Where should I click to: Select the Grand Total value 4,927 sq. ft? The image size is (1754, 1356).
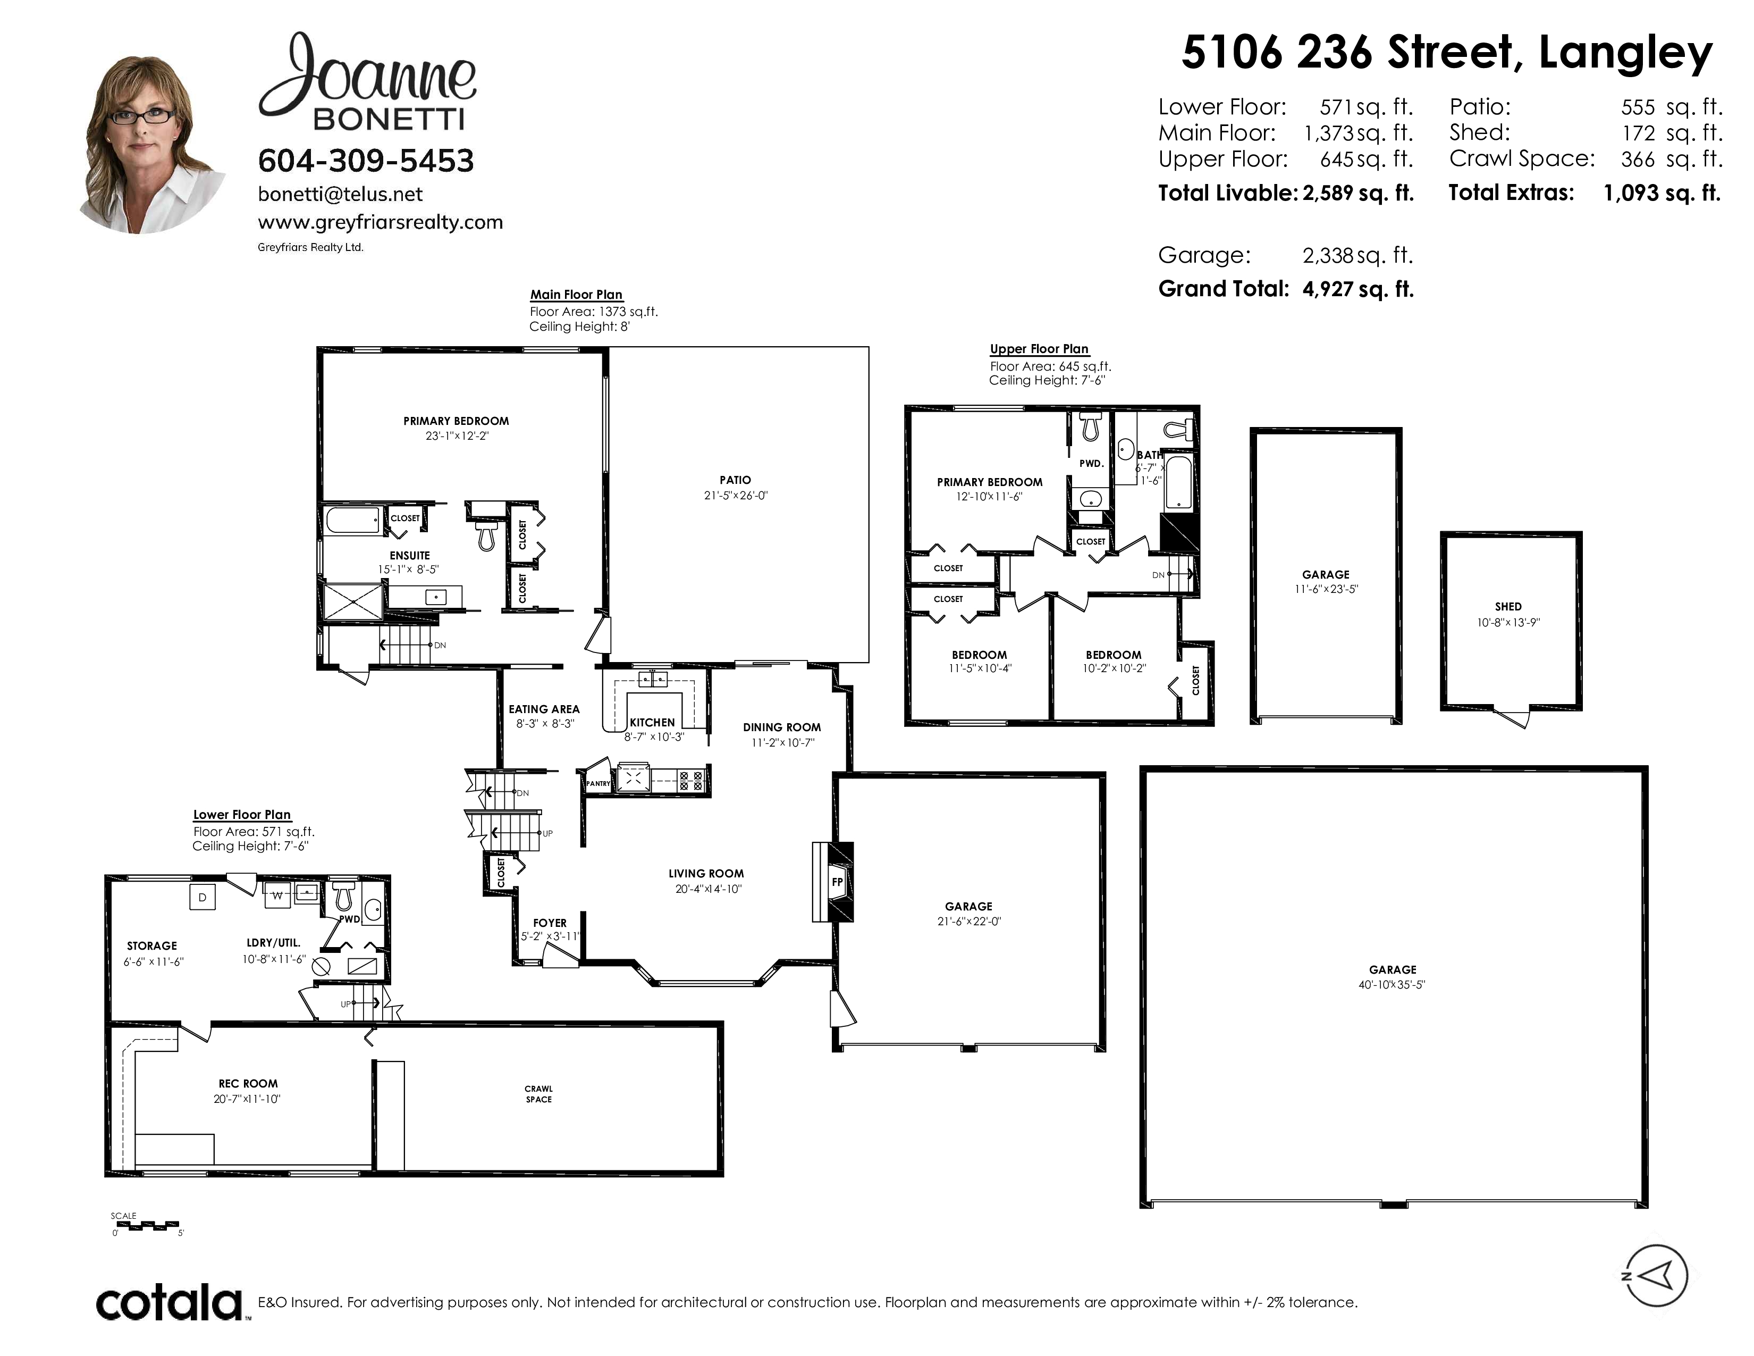point(1357,289)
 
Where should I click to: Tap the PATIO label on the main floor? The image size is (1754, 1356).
point(735,480)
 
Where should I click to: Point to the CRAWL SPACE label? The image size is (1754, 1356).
point(539,1094)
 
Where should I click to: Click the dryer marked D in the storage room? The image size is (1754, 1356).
point(203,897)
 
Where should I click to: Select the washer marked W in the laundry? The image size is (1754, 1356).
point(277,895)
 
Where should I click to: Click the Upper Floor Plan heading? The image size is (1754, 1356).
point(1039,349)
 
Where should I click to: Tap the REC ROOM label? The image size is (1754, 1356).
point(248,1084)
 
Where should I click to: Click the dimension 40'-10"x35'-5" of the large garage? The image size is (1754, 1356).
point(1392,984)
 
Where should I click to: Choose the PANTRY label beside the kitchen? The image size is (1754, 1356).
point(598,783)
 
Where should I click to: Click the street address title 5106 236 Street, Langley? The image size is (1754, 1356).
point(1447,53)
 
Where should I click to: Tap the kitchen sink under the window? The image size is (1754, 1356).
point(652,680)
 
